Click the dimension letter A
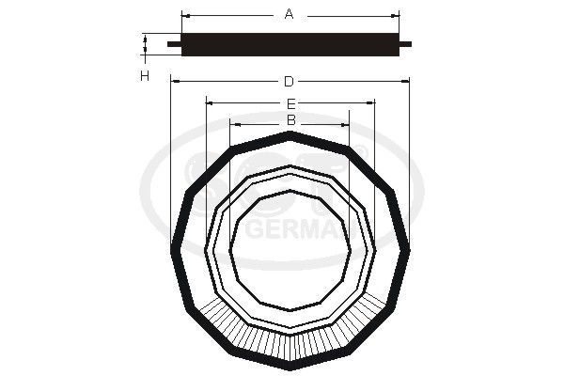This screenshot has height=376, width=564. coord(290,14)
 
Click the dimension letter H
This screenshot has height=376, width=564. coord(145,76)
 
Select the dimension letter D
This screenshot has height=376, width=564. coord(289,82)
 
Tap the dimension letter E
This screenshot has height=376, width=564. coord(290,102)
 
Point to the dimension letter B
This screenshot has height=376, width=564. coord(290,120)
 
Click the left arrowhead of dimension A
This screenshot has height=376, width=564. coord(183,15)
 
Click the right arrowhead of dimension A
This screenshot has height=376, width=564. coord(398,15)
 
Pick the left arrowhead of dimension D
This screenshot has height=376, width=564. coord(174,82)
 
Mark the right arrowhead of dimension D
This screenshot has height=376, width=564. coord(407,82)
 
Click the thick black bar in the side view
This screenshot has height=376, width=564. coord(290,43)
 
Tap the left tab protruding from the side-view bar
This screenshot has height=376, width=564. coord(172,43)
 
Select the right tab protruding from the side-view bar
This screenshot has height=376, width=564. coord(406,43)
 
